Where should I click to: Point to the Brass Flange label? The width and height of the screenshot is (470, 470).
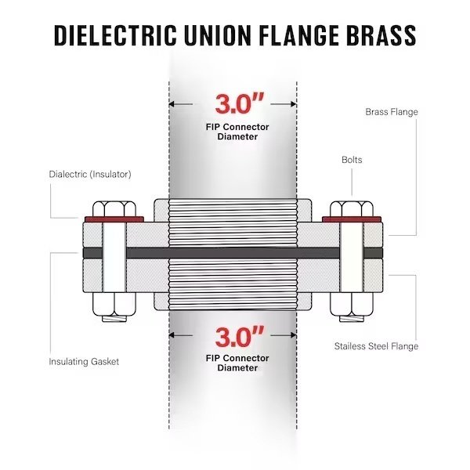pyautogui.click(x=392, y=112)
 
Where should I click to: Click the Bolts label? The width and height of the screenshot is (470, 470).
pyautogui.click(x=352, y=160)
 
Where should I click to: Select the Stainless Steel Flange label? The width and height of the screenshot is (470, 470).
pyautogui.click(x=376, y=345)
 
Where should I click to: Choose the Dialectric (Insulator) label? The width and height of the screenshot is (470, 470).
pyautogui.click(x=89, y=174)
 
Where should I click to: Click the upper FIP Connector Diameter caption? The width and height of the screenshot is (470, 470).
pyautogui.click(x=237, y=132)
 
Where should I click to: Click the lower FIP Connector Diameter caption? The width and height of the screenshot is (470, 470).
pyautogui.click(x=237, y=363)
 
